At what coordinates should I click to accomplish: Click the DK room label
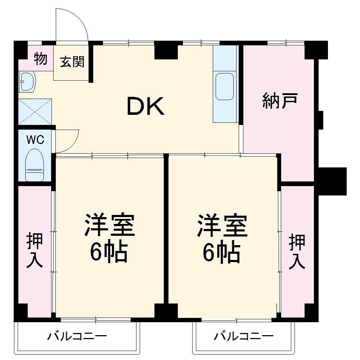pyautogui.click(x=146, y=106)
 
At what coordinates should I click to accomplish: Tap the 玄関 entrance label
pyautogui.click(x=72, y=62)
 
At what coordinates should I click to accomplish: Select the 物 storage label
pyautogui.click(x=41, y=59)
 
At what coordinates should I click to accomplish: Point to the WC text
pyautogui.click(x=35, y=140)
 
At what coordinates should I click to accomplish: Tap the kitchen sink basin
pyautogui.click(x=224, y=86)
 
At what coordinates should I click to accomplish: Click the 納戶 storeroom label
pyautogui.click(x=279, y=100)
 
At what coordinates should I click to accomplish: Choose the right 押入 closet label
pyautogui.click(x=297, y=251)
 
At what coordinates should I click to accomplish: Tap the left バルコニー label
pyautogui.click(x=77, y=337)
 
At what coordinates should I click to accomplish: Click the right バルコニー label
pyautogui.click(x=244, y=337)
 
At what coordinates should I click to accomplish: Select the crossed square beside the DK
pyautogui.click(x=35, y=111)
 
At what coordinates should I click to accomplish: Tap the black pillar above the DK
pyautogui.click(x=166, y=50)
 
